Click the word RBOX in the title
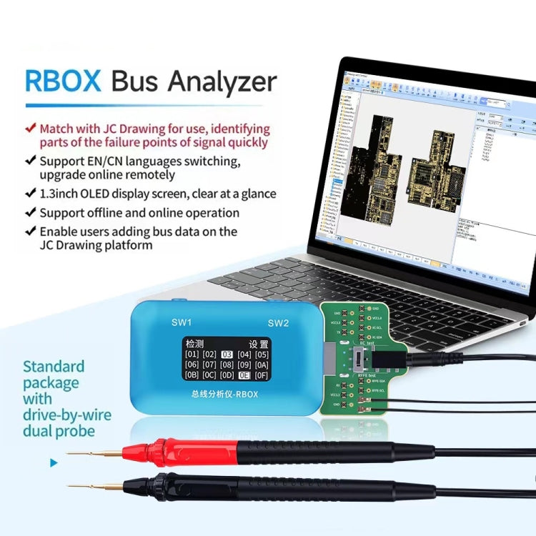pos(63,81)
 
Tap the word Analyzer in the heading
pos(222,82)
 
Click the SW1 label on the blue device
pos(182,322)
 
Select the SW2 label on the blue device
pos(278,323)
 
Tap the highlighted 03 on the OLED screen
pos(227,354)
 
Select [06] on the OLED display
pos(192,364)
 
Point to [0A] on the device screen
pos(262,364)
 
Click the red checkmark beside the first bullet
pos(30,129)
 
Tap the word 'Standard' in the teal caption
pos(54,367)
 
